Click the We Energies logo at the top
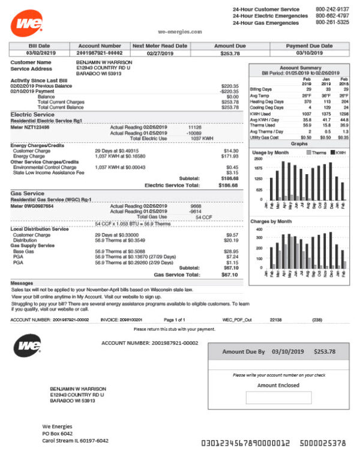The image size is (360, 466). [26, 23]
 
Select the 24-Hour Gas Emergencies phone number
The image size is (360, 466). [332, 22]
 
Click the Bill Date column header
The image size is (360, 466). [40, 46]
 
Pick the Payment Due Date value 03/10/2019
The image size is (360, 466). [309, 53]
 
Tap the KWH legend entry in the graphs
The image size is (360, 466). [339, 153]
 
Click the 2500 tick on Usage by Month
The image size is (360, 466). [257, 159]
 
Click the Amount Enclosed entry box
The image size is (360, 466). [278, 398]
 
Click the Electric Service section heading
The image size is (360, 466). [32, 114]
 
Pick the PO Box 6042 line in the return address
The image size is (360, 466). [58, 433]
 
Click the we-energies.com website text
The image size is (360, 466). [180, 31]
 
